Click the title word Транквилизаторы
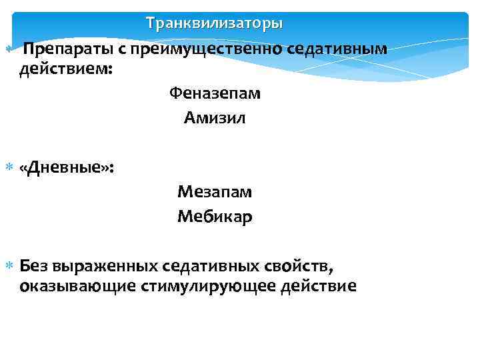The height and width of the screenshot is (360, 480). click(215, 23)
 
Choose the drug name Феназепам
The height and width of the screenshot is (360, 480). click(215, 93)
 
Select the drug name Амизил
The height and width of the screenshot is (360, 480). click(215, 119)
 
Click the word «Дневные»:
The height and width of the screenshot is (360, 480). click(67, 167)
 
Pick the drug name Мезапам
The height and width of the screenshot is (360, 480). click(215, 192)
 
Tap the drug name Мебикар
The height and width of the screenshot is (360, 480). click(215, 217)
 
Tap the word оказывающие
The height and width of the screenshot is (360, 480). click(73, 287)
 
